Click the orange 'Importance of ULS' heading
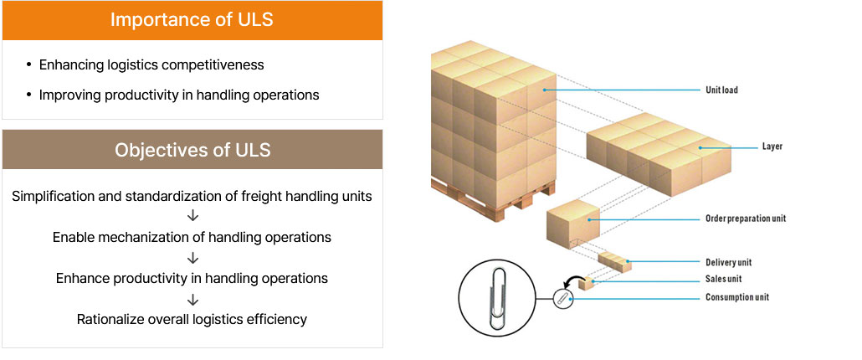[192, 20]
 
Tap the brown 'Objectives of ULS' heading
[192, 151]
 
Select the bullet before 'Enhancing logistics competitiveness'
[29, 64]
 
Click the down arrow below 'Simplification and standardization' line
[192, 217]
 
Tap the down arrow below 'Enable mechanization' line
[192, 257]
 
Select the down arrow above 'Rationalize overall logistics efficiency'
[192, 298]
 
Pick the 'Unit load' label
[721, 90]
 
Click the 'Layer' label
[772, 147]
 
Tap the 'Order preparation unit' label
[746, 219]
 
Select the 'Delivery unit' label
[728, 263]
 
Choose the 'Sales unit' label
[723, 279]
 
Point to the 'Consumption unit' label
[736, 297]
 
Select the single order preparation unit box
[574, 222]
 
